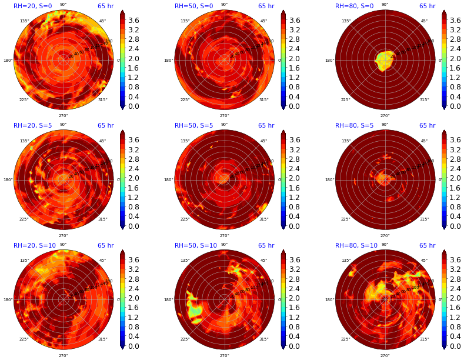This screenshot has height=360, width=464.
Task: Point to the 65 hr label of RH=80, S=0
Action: click(428, 6)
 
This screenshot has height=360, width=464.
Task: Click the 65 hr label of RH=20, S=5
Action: click(106, 126)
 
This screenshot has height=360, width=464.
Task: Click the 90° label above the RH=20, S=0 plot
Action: click(63, 5)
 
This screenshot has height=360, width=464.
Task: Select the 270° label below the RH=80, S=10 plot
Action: click(385, 355)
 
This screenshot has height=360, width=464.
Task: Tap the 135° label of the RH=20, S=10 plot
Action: click(24, 261)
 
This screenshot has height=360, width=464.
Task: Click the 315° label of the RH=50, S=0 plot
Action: click(263, 99)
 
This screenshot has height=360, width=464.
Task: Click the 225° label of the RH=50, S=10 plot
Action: click(185, 339)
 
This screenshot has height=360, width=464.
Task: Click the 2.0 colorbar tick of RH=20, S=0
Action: click(134, 58)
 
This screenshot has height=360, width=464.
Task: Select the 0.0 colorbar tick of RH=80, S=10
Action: click(456, 346)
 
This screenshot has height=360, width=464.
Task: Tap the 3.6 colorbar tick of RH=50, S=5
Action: click(295, 140)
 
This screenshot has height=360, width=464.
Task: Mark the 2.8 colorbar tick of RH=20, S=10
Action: click(134, 279)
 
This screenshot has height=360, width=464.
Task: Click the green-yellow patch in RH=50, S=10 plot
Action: click(194, 307)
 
